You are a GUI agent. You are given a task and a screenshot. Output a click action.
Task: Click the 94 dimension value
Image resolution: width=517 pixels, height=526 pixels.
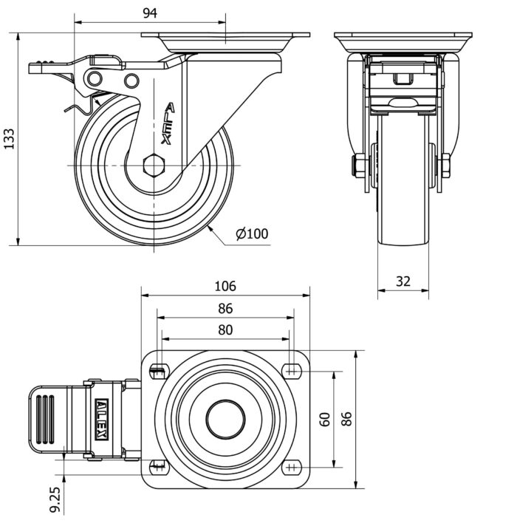click(149, 13)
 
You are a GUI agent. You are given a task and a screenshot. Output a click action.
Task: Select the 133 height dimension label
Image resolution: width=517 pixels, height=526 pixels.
click(9, 139)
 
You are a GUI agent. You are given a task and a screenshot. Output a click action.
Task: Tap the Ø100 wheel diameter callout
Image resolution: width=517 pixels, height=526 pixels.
click(252, 234)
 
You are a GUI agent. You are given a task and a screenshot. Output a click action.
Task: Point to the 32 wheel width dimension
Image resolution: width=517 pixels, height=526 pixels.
click(403, 281)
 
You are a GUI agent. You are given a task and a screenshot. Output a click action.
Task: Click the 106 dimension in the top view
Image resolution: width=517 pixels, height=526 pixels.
click(225, 286)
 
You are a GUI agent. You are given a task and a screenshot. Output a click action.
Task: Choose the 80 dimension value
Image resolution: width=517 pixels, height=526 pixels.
click(225, 330)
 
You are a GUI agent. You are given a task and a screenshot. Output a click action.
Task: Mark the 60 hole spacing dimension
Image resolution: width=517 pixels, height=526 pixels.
click(325, 419)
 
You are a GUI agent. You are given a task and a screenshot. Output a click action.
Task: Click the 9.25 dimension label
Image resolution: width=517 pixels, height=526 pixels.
click(55, 499)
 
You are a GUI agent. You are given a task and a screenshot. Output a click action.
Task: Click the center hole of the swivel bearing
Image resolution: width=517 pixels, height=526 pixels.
click(225, 420)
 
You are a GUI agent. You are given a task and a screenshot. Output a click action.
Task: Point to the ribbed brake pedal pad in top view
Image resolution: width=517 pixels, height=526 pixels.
click(45, 418)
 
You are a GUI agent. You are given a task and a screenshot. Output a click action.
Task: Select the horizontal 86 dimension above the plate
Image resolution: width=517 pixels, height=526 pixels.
click(225, 308)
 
